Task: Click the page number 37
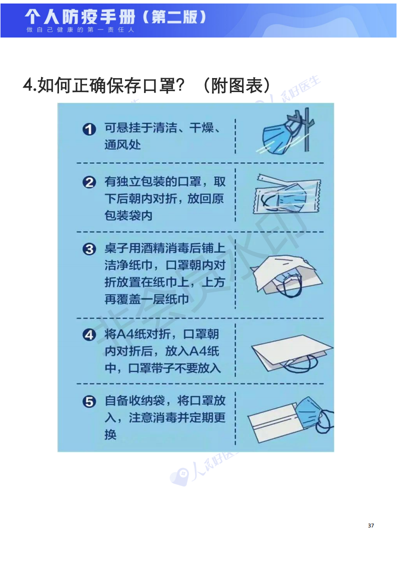(371, 525)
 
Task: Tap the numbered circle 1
(89, 129)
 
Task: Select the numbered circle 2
(89, 183)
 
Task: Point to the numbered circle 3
(89, 249)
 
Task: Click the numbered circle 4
(89, 335)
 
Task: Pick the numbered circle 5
(89, 401)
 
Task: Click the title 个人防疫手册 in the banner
(80, 17)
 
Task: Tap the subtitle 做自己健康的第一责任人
(80, 30)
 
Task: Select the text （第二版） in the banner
(174, 17)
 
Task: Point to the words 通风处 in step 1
(122, 145)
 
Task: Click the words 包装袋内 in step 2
(128, 216)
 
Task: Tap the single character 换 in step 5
(110, 435)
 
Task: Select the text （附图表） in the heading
(236, 85)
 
